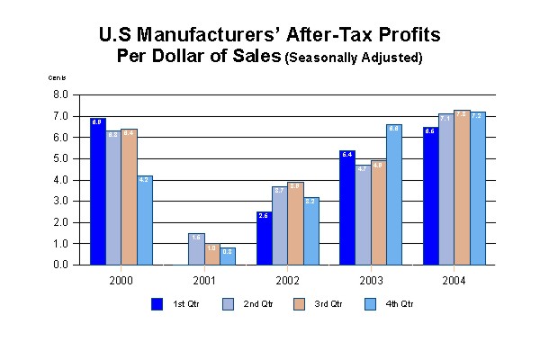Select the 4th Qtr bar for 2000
(145, 220)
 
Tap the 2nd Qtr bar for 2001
(196, 249)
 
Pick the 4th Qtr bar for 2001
(228, 256)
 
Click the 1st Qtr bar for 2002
(264, 238)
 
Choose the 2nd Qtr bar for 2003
(363, 215)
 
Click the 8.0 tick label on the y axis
(61, 94)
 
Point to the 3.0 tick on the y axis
(61, 201)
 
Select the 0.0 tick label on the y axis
(61, 265)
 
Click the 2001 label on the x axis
(204, 281)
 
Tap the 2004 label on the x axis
(454, 281)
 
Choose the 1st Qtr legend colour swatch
(157, 303)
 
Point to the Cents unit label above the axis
(57, 79)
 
